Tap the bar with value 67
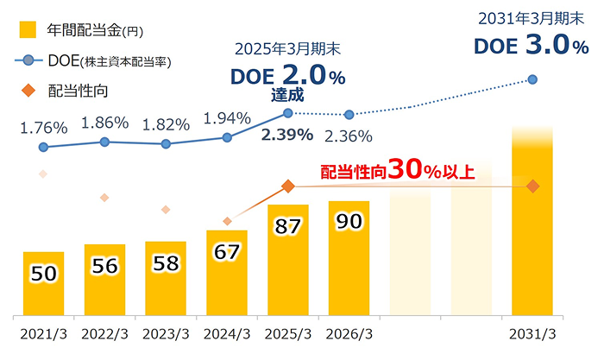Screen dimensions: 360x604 (227, 272)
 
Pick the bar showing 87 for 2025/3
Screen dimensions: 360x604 (288, 259)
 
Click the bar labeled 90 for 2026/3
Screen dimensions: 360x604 (349, 257)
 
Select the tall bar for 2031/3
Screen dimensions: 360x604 (532, 224)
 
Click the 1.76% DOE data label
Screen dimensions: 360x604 (43, 128)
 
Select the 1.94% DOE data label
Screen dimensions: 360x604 (227, 117)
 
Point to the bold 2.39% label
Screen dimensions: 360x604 (288, 135)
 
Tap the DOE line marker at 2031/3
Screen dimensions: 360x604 (532, 79)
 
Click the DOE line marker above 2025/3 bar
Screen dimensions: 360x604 (288, 112)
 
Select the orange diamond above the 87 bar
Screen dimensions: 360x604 (288, 186)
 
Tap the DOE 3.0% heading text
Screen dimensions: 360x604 (527, 45)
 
